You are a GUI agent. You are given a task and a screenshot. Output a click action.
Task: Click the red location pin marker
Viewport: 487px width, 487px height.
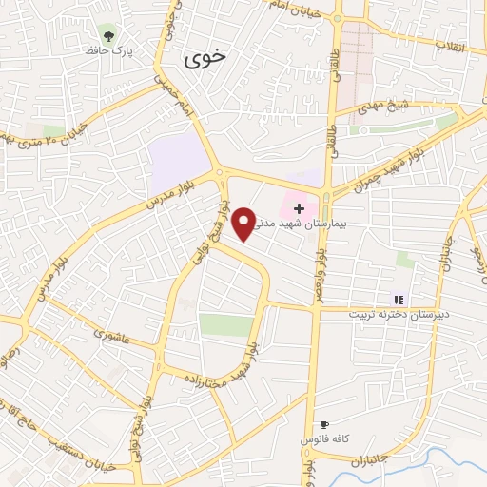point(245,223)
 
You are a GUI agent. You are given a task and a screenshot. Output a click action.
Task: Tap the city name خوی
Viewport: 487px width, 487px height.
point(205,56)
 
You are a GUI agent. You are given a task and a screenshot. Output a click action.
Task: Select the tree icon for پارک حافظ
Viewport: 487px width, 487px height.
point(111,37)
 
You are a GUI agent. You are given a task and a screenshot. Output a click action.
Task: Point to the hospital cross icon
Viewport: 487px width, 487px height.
point(299,207)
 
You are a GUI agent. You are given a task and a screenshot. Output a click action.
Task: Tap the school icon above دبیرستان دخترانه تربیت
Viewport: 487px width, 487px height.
point(399,300)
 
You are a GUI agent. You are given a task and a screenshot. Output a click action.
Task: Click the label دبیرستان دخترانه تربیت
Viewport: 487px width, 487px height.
point(399,314)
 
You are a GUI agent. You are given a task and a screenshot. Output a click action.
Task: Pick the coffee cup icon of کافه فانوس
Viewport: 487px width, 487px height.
point(324,424)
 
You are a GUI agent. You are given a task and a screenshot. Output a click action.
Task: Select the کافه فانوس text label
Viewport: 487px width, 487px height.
point(314,439)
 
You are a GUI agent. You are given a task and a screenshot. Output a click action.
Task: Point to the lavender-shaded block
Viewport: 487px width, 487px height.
point(178,162)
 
